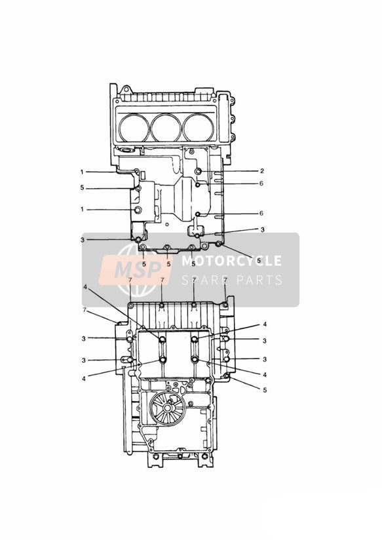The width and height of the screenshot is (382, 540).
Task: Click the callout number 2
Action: (x=262, y=171)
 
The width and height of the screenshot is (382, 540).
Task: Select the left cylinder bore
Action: (x=134, y=127)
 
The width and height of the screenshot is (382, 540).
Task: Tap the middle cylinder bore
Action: (x=166, y=127)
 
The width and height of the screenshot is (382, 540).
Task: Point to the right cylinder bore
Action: (x=199, y=127)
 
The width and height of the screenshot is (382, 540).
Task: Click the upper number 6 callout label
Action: (x=261, y=183)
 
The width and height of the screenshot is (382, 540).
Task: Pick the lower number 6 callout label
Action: (x=261, y=213)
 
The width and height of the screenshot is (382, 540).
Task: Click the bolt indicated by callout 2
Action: (x=199, y=172)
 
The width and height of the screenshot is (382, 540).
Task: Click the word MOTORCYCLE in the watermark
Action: (x=231, y=261)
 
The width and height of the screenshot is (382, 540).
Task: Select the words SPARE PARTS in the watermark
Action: (x=232, y=280)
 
